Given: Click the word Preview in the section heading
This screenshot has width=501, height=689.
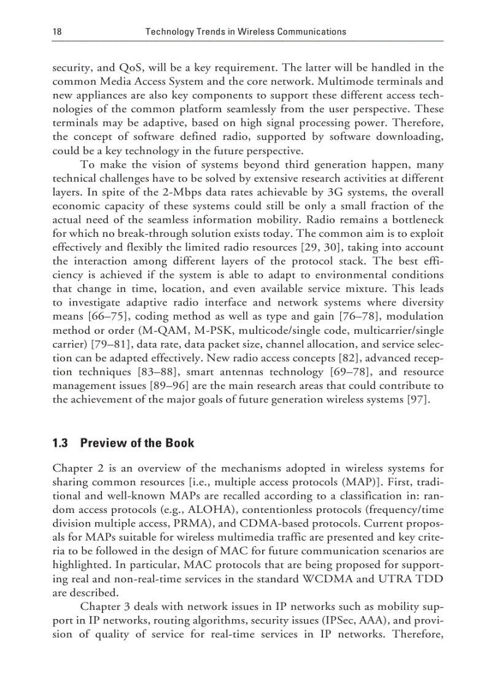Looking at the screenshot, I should pos(102,443).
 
